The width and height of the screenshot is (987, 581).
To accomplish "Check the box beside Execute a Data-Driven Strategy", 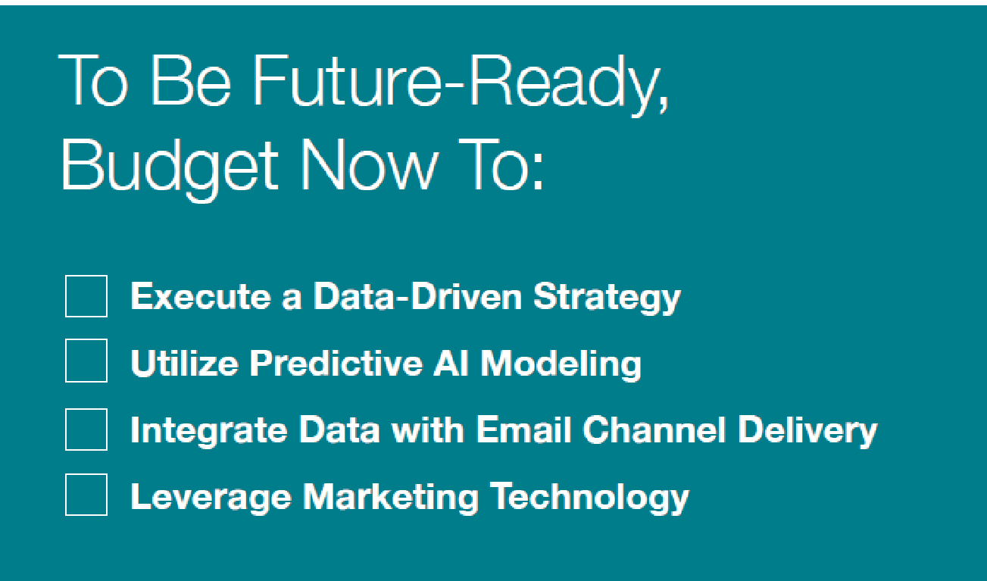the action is click(86, 296).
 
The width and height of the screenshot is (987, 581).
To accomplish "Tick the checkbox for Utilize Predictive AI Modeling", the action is click(86, 361).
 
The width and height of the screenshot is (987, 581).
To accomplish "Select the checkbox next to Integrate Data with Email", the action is click(86, 430).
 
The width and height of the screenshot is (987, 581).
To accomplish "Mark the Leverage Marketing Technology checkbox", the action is click(86, 495).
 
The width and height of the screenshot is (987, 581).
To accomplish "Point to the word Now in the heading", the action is click(369, 165).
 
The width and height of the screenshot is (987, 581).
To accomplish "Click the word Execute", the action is click(201, 296).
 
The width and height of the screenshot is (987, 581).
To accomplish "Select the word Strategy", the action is click(608, 298).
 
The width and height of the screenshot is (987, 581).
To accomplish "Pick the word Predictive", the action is click(336, 363).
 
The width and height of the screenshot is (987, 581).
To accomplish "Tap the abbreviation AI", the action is click(451, 364).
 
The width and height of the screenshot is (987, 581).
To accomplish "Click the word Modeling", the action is click(561, 364).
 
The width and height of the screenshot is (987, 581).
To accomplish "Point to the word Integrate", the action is click(209, 431).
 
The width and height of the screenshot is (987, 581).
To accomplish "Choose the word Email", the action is click(524, 429).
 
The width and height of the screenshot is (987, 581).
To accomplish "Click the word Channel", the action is click(654, 429).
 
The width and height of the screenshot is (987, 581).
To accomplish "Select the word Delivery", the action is click(807, 431).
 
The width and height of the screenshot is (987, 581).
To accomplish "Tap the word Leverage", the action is click(211, 498).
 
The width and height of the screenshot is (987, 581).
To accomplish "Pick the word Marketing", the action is click(391, 498).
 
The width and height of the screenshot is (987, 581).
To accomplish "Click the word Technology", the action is click(589, 498).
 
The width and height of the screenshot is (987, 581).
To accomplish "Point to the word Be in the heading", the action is click(190, 80).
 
